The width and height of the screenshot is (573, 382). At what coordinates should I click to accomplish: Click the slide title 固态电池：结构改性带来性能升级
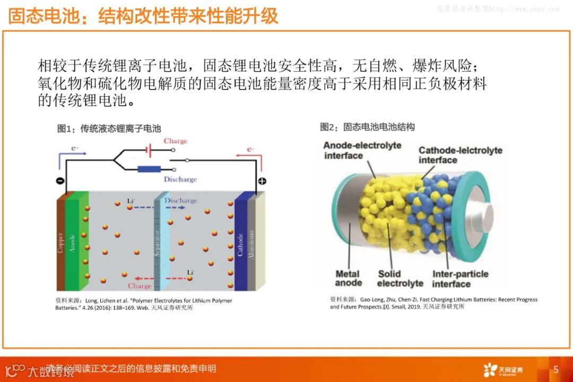coord(143,16)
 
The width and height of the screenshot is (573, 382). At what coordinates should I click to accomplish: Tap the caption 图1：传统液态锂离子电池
coord(109,128)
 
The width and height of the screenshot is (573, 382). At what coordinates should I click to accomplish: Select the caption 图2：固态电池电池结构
coord(367,127)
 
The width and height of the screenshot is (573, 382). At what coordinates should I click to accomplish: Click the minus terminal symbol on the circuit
coord(60,181)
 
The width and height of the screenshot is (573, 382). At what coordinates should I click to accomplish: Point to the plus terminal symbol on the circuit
coord(262,181)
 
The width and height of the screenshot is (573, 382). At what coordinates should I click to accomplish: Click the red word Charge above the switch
coord(176,141)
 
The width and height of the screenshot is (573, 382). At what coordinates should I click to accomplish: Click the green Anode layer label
coord(73,242)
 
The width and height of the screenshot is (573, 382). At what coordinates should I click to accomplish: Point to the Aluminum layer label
coord(253,243)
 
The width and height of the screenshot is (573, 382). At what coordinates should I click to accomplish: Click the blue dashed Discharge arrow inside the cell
coord(159,207)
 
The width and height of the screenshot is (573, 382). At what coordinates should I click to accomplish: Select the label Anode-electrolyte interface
coord(362,150)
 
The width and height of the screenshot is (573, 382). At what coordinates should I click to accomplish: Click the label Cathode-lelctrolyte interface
coord(460,155)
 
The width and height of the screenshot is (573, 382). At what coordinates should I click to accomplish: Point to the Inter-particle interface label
coord(460,279)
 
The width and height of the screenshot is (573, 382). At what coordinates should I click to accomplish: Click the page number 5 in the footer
coord(556,369)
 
